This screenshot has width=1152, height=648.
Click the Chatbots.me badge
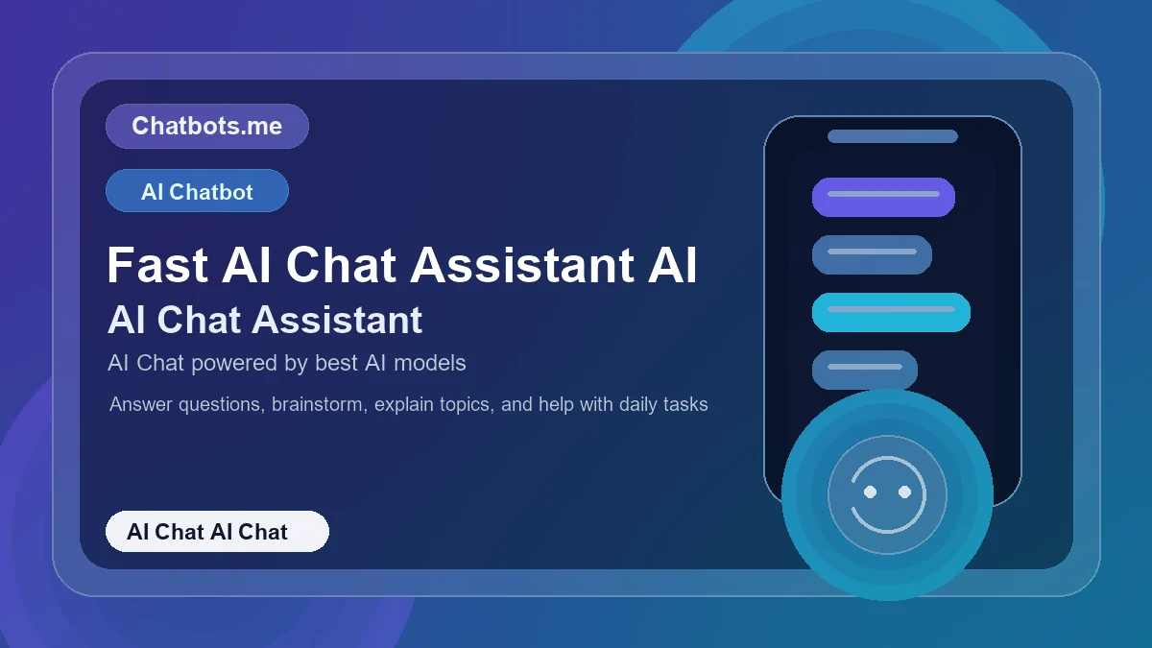coord(206,126)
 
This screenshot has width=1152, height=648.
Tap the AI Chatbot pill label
coord(197,191)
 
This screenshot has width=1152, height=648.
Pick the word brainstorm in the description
coord(318,404)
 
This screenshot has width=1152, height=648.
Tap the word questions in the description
coord(216,404)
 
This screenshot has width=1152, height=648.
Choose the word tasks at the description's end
coord(684,404)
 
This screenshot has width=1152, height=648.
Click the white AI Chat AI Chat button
coord(217,532)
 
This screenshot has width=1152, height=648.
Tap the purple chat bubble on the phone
coord(883,197)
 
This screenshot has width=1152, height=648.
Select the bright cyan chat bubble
coord(891,312)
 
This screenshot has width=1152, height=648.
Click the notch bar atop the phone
coord(893,136)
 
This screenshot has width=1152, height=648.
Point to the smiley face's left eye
coord(870,492)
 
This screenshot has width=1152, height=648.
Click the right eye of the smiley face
coord(904,492)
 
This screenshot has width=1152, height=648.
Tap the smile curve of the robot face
coord(887,523)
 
